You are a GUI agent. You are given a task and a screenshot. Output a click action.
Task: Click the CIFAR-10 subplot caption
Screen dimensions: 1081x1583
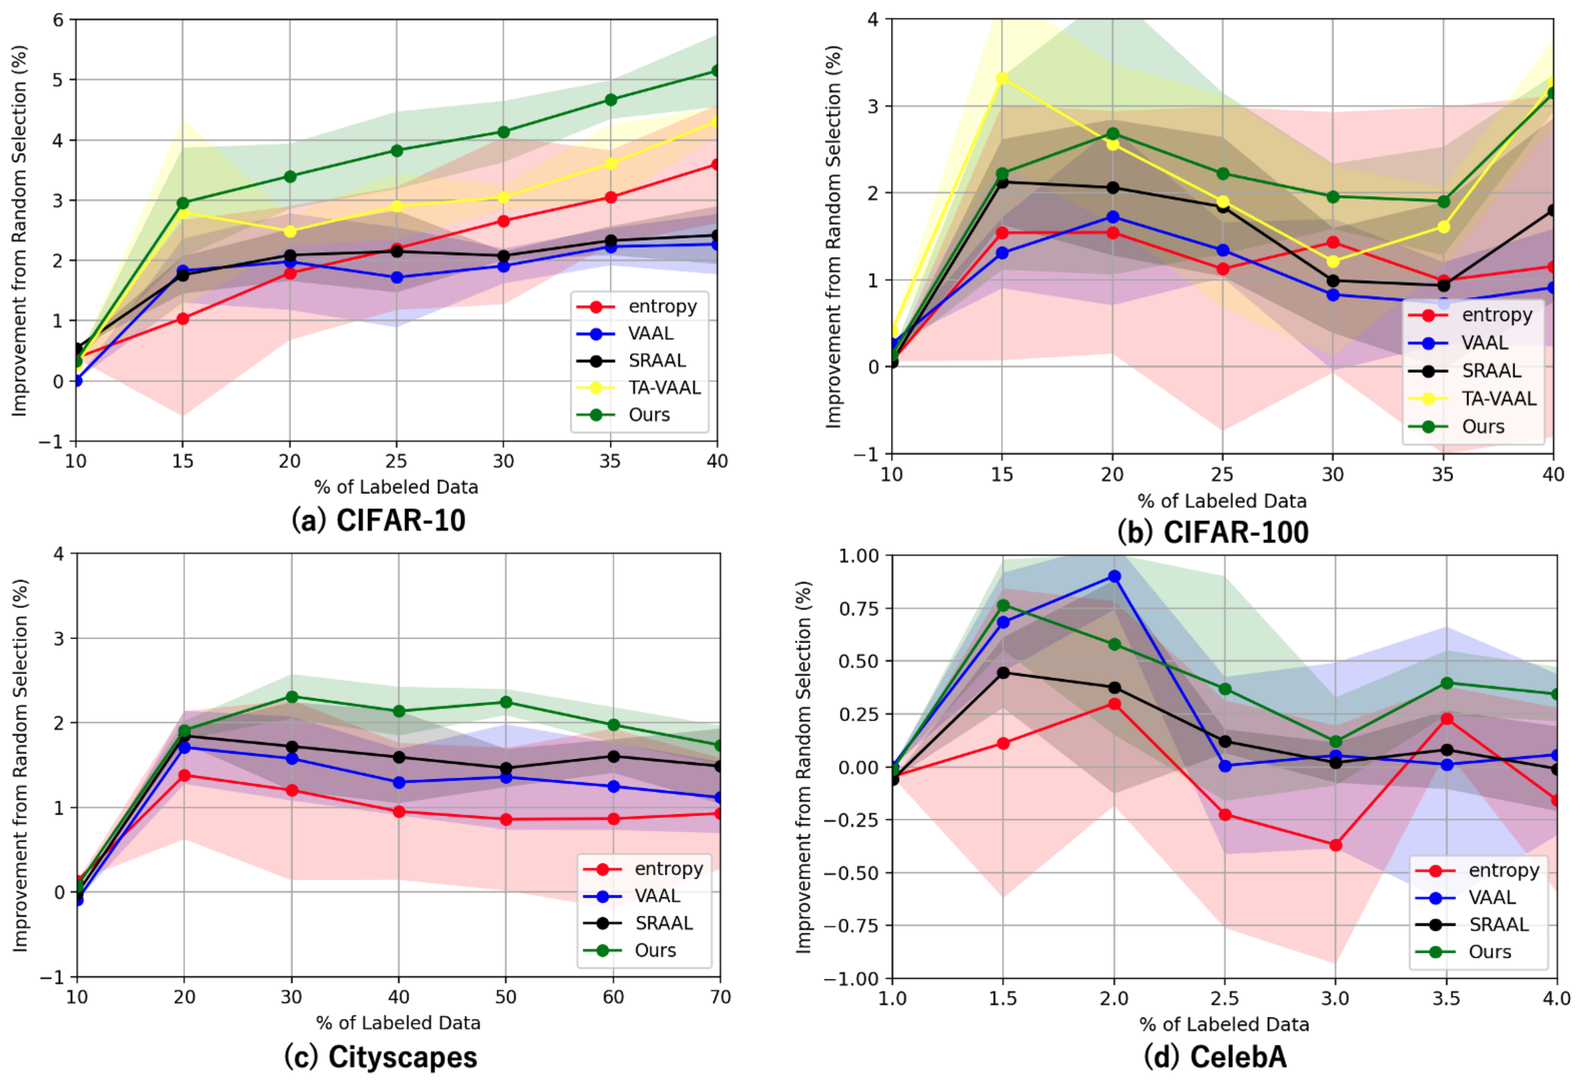click(379, 520)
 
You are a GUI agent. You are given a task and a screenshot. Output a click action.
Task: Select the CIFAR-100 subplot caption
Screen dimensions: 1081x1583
click(1213, 532)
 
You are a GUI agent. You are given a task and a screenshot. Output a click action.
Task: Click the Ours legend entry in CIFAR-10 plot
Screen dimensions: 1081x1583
click(648, 415)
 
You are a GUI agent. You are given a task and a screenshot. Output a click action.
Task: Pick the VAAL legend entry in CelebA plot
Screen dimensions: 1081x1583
click(1492, 897)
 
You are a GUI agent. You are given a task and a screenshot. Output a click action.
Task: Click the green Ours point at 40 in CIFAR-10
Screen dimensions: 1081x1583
click(717, 71)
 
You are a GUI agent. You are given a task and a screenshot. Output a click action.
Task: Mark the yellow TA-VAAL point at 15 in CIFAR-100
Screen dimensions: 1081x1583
click(1002, 79)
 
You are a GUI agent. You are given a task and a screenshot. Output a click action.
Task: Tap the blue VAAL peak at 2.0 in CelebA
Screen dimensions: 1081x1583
click(1114, 576)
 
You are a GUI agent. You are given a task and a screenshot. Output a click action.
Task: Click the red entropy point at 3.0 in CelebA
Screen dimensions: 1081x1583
click(1336, 845)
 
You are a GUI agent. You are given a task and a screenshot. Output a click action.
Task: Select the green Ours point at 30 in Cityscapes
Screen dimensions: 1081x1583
click(292, 697)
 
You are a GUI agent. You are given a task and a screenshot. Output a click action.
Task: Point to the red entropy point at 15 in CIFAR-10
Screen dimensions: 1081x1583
click(183, 318)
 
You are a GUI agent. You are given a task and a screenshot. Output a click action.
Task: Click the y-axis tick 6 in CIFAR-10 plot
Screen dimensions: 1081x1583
click(58, 20)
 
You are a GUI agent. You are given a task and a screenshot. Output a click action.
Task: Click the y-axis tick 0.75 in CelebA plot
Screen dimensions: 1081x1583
click(860, 608)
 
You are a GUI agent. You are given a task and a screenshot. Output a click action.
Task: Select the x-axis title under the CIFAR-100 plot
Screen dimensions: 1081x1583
click(1222, 501)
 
